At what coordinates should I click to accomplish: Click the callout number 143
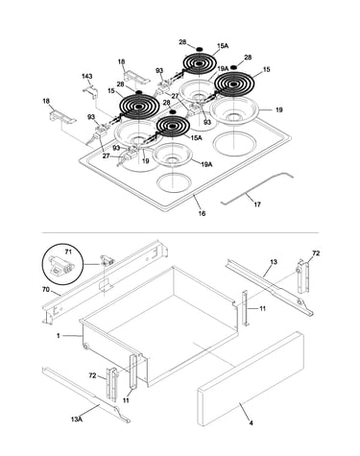click(86, 76)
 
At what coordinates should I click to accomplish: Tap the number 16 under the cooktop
click(202, 213)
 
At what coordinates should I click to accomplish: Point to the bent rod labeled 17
click(257, 188)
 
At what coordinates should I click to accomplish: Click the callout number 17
click(257, 204)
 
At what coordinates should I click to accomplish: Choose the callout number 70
click(46, 290)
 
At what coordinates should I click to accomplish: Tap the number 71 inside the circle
click(68, 252)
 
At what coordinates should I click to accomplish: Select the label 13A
click(77, 419)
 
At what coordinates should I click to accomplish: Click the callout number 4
click(252, 422)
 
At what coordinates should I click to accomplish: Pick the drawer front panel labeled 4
click(251, 378)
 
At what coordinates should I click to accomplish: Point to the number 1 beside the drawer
click(59, 336)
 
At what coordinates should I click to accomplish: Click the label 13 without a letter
click(274, 262)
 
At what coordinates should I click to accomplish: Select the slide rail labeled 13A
click(86, 395)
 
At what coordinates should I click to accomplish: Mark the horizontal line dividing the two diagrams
click(180, 232)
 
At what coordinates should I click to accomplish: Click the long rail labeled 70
click(106, 281)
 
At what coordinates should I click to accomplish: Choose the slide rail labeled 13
click(270, 287)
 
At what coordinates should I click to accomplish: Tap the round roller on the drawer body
click(85, 347)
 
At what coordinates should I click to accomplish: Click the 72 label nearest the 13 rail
click(316, 253)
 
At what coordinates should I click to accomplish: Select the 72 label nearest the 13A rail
click(92, 375)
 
